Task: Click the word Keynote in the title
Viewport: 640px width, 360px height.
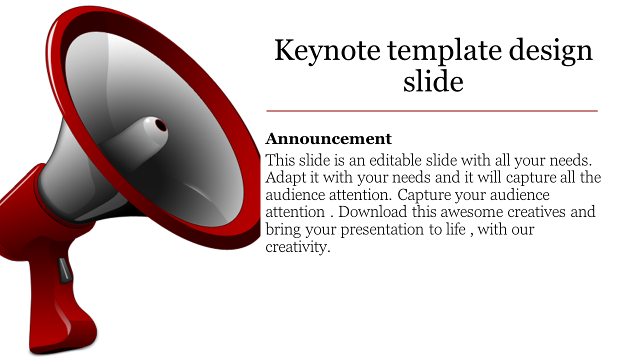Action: (x=327, y=51)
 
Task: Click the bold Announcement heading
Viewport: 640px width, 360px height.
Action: (x=328, y=138)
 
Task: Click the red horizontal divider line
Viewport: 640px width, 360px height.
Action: (x=432, y=111)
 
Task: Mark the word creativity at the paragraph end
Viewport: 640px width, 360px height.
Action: (x=298, y=246)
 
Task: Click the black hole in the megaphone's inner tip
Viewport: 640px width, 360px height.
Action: (x=160, y=124)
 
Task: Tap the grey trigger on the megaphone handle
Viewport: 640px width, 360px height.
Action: (x=64, y=270)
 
